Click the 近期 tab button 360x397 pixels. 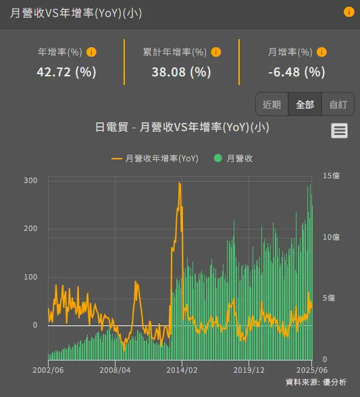(x=272, y=104)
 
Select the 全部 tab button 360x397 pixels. (x=305, y=104)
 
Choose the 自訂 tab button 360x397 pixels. (x=338, y=104)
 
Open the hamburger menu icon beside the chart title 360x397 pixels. (x=339, y=131)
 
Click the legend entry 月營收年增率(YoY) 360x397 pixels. (x=155, y=158)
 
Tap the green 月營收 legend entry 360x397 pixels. (x=234, y=158)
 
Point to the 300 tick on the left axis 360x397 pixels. (x=30, y=180)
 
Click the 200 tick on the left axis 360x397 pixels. (x=30, y=229)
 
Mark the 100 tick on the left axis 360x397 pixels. (x=30, y=277)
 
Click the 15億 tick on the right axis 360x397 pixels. (x=331, y=176)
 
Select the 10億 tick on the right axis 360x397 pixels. (x=331, y=237)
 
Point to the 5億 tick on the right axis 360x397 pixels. (x=328, y=298)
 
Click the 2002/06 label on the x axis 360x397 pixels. (x=48, y=370)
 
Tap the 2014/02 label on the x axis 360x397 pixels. (x=182, y=370)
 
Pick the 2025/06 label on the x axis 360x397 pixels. (x=312, y=370)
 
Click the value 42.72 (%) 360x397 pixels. (x=66, y=71)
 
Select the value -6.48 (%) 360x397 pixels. (x=297, y=71)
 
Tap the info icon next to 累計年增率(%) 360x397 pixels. (x=216, y=52)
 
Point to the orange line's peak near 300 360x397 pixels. (x=179, y=183)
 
